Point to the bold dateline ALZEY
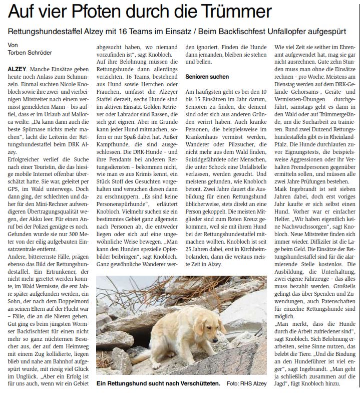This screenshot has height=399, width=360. click(17, 67)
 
